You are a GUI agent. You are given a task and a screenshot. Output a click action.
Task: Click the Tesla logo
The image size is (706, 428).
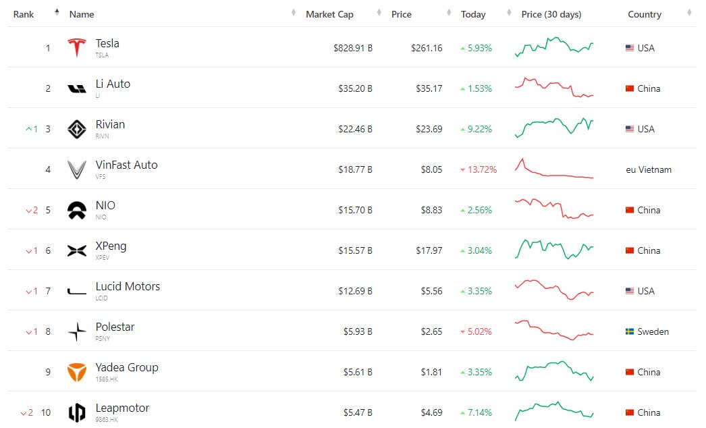point(77,48)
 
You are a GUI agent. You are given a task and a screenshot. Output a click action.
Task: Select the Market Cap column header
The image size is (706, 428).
point(329,14)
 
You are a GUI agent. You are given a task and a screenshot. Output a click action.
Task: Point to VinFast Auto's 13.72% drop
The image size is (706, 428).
point(479,169)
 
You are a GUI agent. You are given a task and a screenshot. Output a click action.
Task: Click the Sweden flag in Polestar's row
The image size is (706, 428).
point(630,331)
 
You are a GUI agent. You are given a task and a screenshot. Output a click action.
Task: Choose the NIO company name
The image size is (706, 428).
point(105,205)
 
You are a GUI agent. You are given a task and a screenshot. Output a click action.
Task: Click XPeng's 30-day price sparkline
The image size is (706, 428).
point(554,249)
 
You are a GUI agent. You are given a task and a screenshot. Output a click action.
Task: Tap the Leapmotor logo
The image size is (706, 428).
point(77,412)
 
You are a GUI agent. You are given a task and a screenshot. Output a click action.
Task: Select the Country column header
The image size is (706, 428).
point(645,14)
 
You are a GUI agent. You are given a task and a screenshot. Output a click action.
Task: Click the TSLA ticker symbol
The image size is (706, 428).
point(102,55)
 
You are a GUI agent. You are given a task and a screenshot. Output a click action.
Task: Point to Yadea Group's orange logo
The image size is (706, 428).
point(77,372)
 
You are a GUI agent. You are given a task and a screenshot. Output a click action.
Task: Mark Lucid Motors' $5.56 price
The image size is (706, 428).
point(431,291)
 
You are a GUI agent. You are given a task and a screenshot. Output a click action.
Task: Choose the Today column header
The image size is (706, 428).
point(473,14)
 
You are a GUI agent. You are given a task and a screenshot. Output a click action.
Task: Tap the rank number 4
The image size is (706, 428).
point(48,169)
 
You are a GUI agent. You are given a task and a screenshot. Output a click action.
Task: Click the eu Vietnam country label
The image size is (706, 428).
point(649,169)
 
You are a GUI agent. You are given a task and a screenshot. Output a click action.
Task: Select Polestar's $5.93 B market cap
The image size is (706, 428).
point(357,331)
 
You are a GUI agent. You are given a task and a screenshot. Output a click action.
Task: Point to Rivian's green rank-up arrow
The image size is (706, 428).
point(28,129)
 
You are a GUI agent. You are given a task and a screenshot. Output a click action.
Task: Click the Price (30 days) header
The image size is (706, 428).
point(551,14)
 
